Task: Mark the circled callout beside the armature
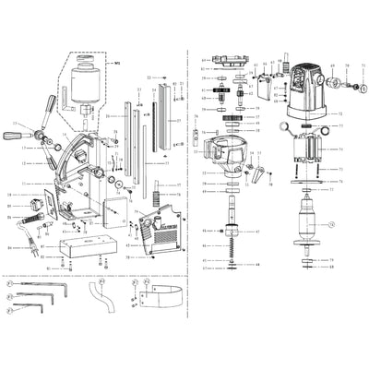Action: tap(334, 224)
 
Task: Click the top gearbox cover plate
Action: tap(231, 63)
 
